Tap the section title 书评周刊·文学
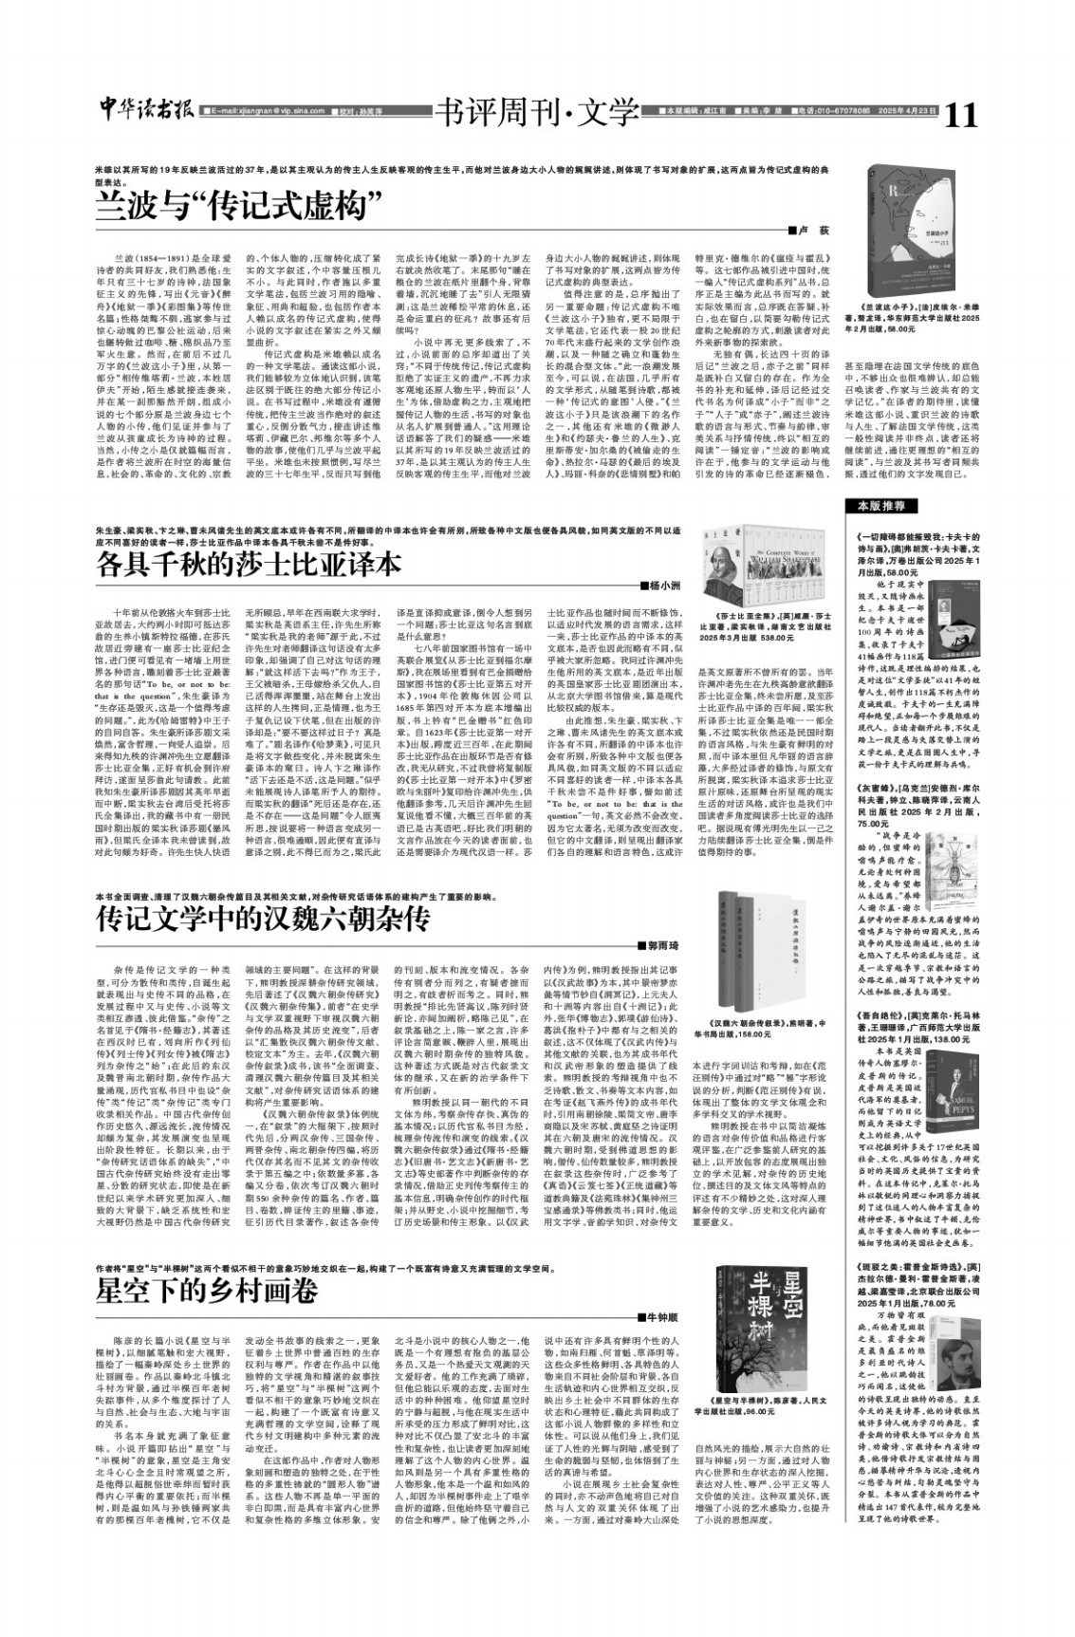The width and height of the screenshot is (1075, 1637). tap(536, 113)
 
